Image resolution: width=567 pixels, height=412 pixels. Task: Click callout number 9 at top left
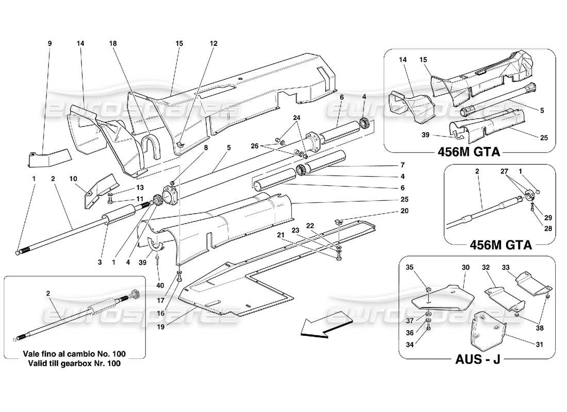coord(50,44)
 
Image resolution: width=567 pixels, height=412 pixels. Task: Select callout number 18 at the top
coord(113,44)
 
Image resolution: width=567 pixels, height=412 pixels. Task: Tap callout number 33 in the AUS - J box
coord(520,267)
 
